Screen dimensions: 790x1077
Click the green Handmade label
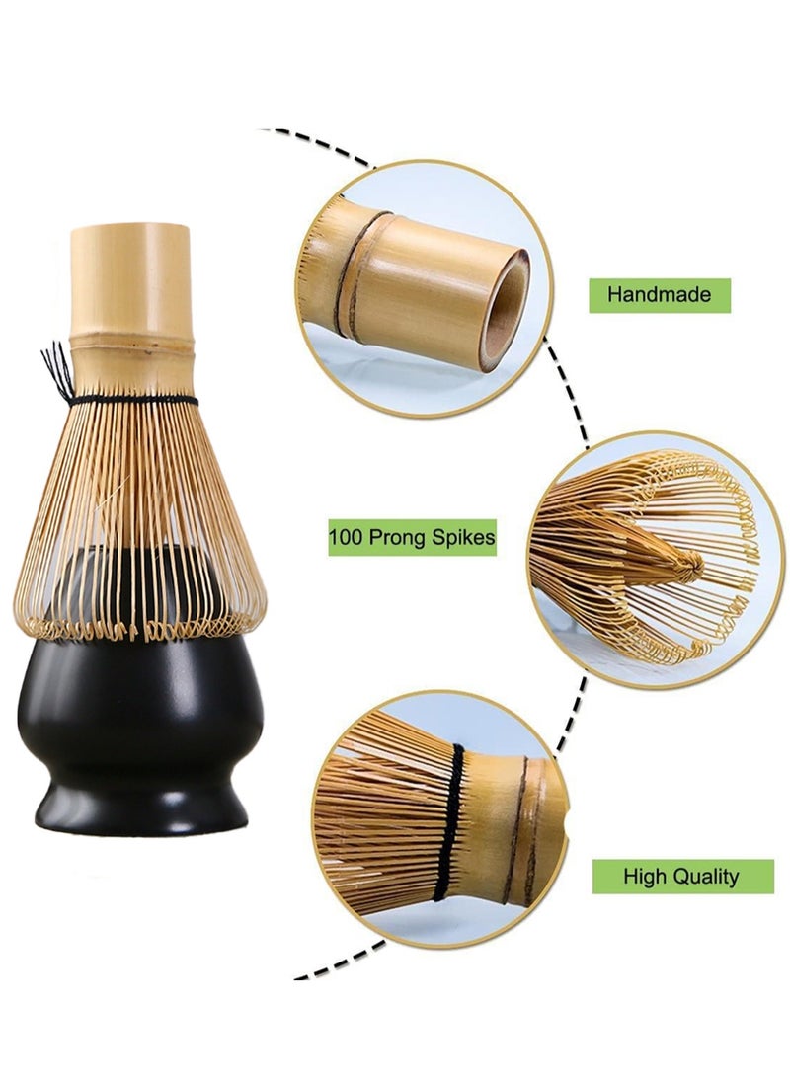click(x=660, y=295)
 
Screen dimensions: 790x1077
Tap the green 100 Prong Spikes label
click(x=412, y=537)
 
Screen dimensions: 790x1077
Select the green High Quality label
click(x=682, y=877)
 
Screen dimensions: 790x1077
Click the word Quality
click(x=706, y=878)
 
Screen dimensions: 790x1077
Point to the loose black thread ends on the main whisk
click(x=56, y=371)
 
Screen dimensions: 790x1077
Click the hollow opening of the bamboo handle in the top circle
click(x=509, y=309)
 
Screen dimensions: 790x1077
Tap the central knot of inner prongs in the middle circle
click(x=690, y=565)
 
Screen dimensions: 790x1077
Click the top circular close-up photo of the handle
click(x=424, y=288)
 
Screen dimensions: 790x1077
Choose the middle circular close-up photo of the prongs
click(x=656, y=560)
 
